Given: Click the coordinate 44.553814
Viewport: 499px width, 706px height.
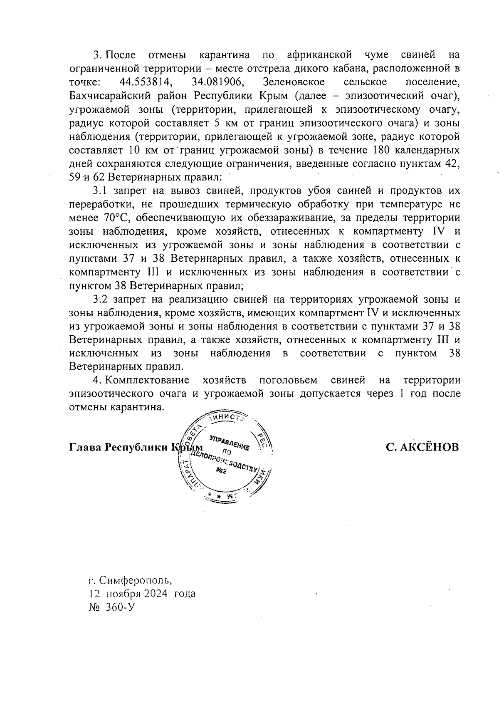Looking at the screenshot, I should coord(144,82).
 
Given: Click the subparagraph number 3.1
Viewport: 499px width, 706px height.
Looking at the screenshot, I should coord(100,191).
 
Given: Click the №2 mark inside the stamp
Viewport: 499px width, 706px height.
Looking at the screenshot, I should coord(221,471).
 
